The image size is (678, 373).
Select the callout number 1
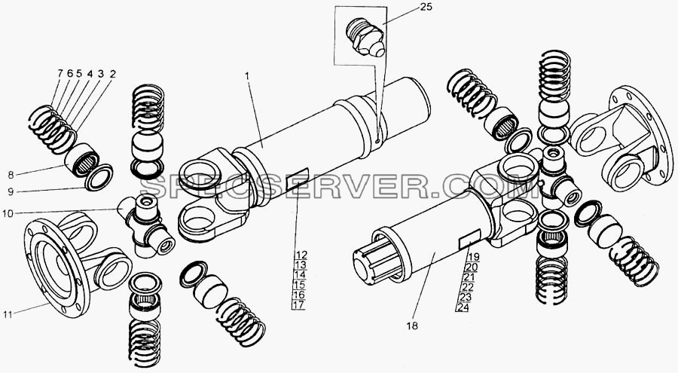click(x=247, y=75)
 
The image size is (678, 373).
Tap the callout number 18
click(x=413, y=326)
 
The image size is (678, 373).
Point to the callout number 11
click(x=8, y=314)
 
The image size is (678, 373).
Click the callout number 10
click(x=8, y=213)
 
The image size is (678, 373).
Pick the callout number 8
click(x=11, y=175)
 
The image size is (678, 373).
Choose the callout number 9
click(x=11, y=191)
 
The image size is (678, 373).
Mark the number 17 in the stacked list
click(x=299, y=304)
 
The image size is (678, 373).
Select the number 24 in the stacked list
click(x=463, y=307)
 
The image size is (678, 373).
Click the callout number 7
click(x=60, y=74)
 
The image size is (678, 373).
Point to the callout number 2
click(x=112, y=74)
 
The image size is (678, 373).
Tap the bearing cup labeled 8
click(x=82, y=160)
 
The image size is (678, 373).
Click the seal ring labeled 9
click(x=99, y=177)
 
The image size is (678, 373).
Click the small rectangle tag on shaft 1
click(x=297, y=179)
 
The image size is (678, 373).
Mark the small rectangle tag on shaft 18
click(x=469, y=240)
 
